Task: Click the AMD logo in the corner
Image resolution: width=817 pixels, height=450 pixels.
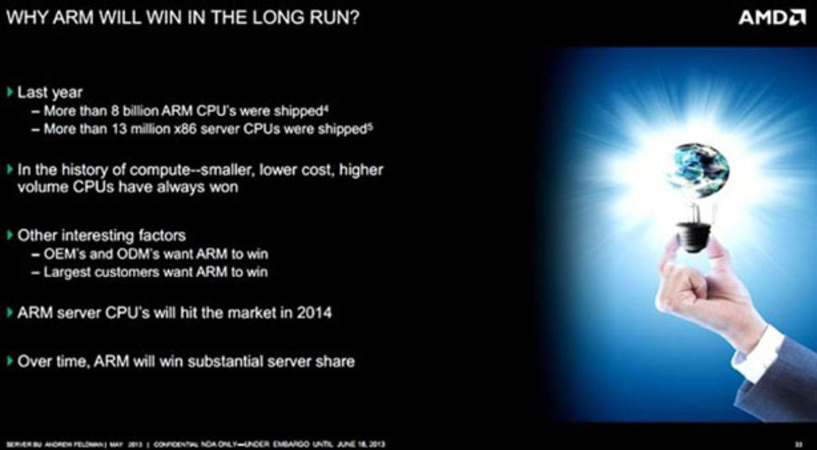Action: click(x=771, y=17)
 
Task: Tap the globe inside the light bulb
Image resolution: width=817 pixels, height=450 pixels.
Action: click(x=697, y=169)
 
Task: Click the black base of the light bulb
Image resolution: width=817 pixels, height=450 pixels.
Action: click(x=694, y=236)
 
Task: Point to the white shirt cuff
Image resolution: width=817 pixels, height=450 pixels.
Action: click(x=758, y=354)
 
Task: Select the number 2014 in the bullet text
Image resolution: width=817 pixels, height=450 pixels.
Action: click(x=315, y=313)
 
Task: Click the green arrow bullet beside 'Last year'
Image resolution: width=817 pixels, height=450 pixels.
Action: click(x=10, y=93)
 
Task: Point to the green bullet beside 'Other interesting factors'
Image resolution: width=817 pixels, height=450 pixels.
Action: click(x=10, y=235)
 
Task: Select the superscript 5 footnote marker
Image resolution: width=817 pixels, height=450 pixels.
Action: click(x=370, y=126)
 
